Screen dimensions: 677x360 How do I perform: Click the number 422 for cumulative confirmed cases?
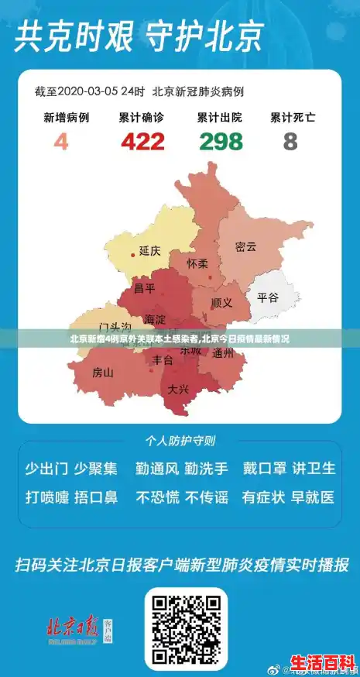coord(142,142)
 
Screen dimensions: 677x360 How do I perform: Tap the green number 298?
coord(221,142)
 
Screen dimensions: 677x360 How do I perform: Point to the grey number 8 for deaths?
coord(290,142)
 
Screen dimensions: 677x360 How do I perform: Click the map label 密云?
coord(245,247)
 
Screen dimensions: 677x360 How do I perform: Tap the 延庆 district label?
coord(149,251)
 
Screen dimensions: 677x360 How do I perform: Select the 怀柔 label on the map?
coord(197,263)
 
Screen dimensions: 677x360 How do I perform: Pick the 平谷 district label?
coord(267,297)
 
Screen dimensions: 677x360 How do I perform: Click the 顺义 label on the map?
coord(221,303)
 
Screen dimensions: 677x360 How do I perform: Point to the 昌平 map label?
coord(145,289)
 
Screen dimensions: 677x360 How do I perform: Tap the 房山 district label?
coord(103,373)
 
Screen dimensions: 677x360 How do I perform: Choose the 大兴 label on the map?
coord(178,389)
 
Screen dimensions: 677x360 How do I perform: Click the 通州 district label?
coord(222,355)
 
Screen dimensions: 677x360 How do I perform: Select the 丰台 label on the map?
coord(163,360)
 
